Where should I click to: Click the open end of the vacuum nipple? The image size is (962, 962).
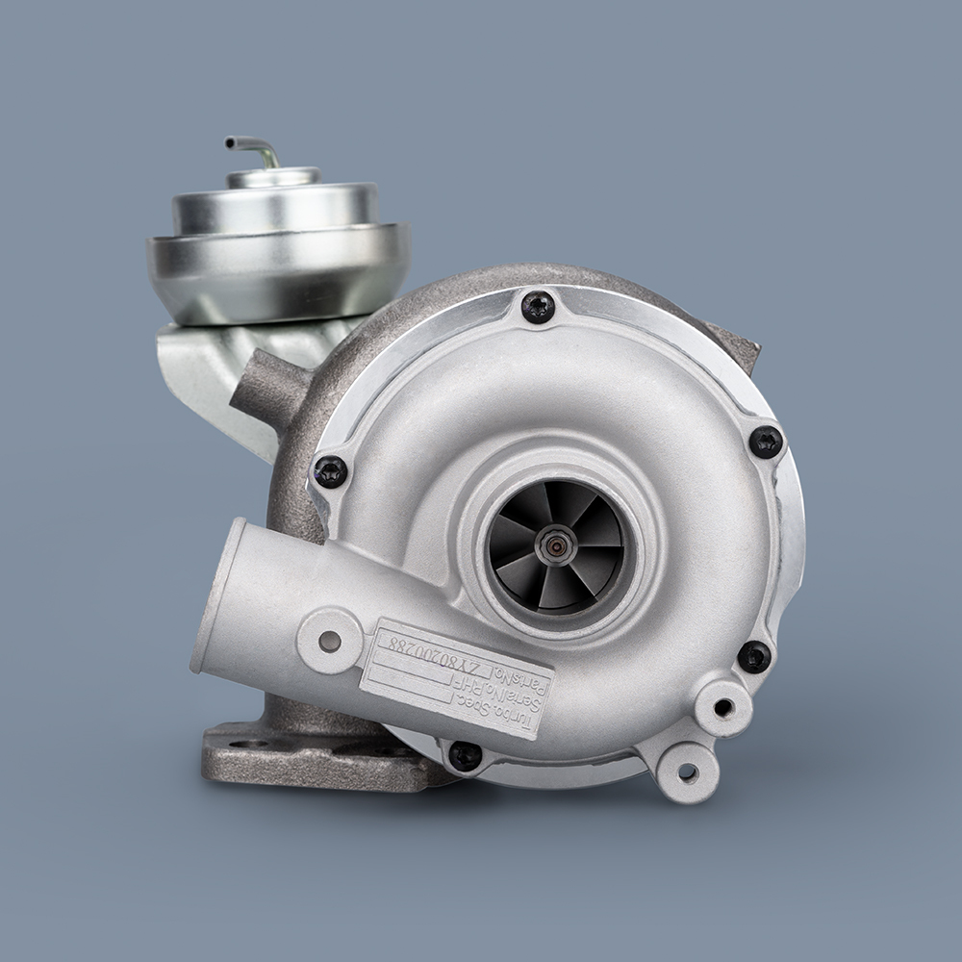coord(229,143)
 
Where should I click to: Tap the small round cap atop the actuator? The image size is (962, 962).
coord(273,177)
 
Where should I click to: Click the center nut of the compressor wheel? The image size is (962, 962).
coord(555,546)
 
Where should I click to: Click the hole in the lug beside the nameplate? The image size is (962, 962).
coord(330,641)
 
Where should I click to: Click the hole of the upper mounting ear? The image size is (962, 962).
coord(722,708)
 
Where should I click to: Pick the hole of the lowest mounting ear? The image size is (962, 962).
coord(687,772)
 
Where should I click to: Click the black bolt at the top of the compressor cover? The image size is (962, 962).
coord(538,307)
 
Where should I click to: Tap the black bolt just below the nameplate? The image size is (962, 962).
coord(465,755)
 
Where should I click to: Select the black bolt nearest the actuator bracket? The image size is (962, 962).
coord(330,470)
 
